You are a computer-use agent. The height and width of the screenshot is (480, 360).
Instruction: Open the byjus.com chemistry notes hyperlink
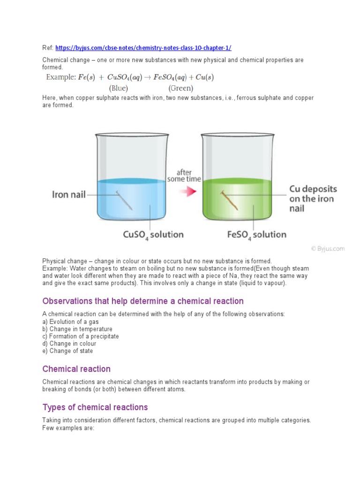pos(143,48)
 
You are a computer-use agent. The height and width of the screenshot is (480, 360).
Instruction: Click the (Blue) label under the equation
pos(119,88)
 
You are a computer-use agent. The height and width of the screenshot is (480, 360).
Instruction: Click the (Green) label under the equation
pos(180,88)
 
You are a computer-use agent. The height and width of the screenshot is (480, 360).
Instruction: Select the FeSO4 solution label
pos(257,234)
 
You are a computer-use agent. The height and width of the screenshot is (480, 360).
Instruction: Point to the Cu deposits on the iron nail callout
pos(312,199)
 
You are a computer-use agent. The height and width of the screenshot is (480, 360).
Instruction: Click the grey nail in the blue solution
pos(124,200)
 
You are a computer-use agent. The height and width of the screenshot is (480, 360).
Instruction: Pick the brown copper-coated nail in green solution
pos(229,200)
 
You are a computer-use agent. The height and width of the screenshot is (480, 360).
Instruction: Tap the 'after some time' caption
pos(184,176)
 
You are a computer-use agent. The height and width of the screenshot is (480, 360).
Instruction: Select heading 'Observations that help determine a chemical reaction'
pos(143,301)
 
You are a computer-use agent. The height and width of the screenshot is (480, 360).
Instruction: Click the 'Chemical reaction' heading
pos(76,369)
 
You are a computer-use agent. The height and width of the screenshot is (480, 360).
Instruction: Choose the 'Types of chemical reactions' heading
pos(95,407)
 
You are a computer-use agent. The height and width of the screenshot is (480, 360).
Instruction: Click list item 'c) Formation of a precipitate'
pos(81,336)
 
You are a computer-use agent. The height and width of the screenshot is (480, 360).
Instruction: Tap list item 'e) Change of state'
pos(67,351)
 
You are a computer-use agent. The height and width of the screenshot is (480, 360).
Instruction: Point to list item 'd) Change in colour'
pos(69,344)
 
